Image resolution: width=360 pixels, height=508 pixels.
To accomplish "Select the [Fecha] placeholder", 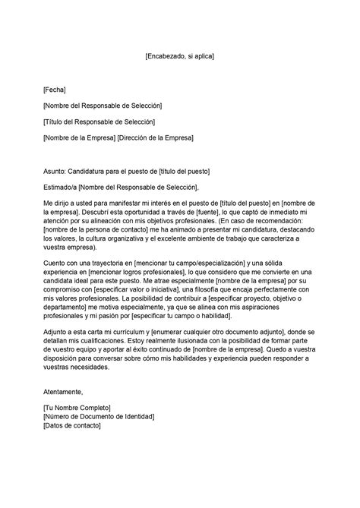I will pos(55,89).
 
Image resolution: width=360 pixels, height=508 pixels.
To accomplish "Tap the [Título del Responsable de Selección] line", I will pos(99,121).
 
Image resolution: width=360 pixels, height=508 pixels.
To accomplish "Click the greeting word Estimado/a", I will pos(60,187).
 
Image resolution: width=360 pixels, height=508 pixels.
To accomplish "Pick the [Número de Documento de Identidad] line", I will pos(99,417).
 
